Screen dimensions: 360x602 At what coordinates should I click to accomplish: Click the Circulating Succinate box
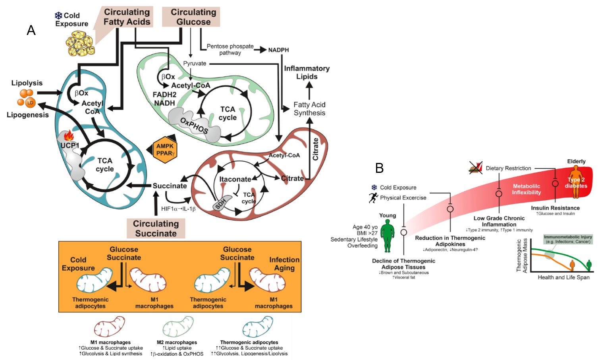(x=156, y=228)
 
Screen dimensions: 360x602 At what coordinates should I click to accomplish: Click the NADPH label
(x=278, y=50)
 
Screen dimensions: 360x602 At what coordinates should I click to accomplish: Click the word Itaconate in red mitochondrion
(x=235, y=179)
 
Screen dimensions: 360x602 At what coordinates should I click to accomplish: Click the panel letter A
(x=31, y=30)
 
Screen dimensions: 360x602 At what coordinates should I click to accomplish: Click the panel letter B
(x=379, y=168)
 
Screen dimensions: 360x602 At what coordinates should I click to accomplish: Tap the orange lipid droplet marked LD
(x=30, y=103)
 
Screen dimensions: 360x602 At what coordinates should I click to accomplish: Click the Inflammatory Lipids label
(x=307, y=72)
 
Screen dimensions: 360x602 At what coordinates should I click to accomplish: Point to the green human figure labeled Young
(x=388, y=236)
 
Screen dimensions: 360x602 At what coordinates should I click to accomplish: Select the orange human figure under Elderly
(x=576, y=182)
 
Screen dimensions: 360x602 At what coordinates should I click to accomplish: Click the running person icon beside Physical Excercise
(x=373, y=197)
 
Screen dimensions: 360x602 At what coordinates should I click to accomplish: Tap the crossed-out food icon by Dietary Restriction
(x=476, y=168)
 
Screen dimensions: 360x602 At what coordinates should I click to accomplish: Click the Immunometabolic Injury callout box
(x=568, y=239)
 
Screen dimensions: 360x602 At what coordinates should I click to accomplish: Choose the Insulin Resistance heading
(x=555, y=208)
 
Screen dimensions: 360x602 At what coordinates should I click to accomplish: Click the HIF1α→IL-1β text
(x=178, y=209)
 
